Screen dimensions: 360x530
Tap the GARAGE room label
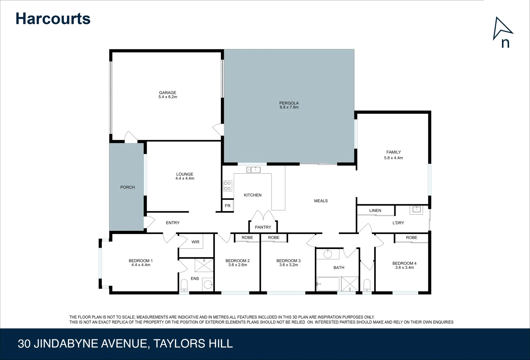167,93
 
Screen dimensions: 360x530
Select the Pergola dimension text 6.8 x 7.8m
289,107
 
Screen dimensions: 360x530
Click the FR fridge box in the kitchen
227,206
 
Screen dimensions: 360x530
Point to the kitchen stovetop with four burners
227,186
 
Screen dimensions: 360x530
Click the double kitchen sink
253,170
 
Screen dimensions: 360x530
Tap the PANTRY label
263,227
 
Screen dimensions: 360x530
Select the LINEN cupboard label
375,210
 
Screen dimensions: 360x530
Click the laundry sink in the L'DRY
417,210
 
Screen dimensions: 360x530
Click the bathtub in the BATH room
328,284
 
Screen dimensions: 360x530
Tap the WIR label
195,242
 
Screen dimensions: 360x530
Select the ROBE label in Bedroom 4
411,238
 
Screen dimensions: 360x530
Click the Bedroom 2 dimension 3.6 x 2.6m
237,265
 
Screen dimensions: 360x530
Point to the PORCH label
127,187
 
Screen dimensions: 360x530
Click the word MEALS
321,201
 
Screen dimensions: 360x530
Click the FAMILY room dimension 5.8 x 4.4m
393,158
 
